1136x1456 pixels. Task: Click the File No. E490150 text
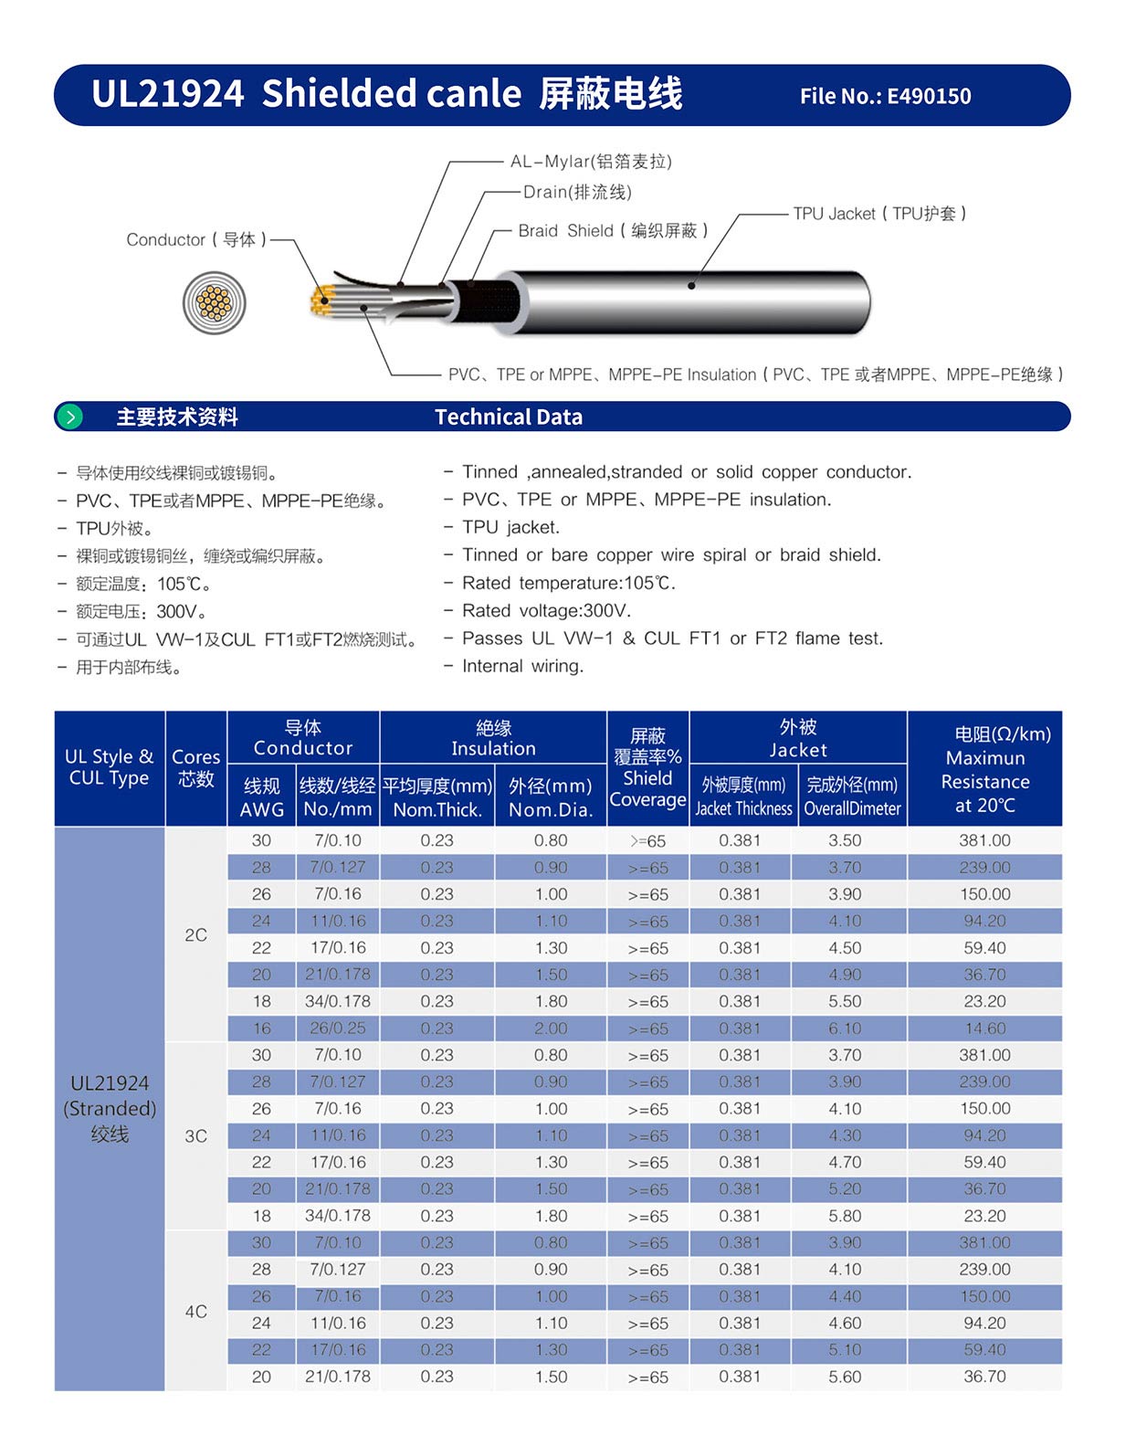[885, 96]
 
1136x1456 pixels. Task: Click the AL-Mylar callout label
[591, 162]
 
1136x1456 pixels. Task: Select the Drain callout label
[577, 192]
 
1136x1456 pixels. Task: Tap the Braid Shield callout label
[613, 230]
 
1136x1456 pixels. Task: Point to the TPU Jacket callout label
[879, 214]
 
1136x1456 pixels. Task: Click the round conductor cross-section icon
[214, 302]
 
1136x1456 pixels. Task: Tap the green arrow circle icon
[69, 417]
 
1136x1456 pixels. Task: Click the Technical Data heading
[508, 417]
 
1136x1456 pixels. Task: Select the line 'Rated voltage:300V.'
[546, 610]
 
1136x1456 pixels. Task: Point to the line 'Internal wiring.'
[522, 666]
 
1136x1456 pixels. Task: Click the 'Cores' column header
[195, 767]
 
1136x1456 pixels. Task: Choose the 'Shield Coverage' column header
[647, 768]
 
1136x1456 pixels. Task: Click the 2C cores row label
[195, 934]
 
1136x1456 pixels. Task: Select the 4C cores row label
[195, 1311]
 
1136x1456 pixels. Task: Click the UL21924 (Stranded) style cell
[110, 1108]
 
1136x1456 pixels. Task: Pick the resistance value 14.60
[984, 1029]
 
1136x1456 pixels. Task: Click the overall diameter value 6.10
[845, 1029]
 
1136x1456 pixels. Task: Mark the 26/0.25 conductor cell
[337, 1029]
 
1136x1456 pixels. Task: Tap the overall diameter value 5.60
[845, 1377]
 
